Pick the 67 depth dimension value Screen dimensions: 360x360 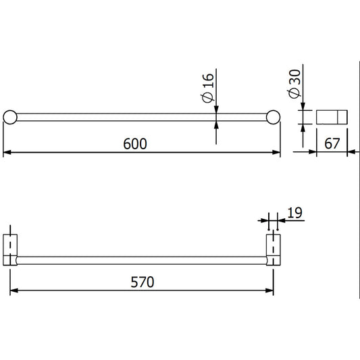(331, 144)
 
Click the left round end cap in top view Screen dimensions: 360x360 (9, 116)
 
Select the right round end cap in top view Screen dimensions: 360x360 (274, 116)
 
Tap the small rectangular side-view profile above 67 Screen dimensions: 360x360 (331, 117)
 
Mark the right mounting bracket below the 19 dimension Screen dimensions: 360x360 (273, 249)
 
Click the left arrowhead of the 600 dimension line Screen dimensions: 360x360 (7, 153)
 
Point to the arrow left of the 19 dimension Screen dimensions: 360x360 (264, 220)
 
